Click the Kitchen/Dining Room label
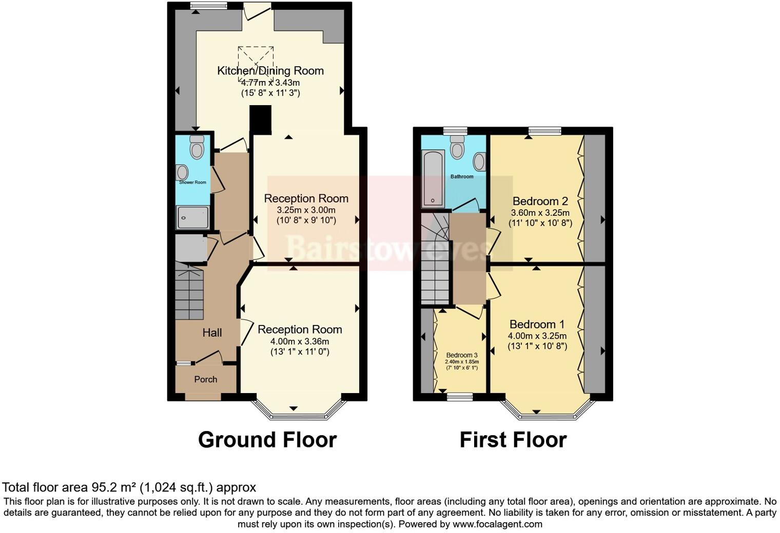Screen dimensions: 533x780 coord(270,71)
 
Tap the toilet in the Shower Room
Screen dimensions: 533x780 coord(197,147)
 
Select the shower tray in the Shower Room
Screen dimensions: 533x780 coord(193,217)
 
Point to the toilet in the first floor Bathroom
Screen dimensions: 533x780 coord(457,147)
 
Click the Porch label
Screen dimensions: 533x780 coord(205,379)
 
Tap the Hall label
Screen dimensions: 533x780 coord(212,333)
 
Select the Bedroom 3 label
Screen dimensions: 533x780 coord(462,355)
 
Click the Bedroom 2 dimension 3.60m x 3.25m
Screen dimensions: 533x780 coord(540,213)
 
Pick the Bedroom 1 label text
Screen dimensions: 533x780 coord(537,324)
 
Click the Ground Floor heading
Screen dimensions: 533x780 coord(267,440)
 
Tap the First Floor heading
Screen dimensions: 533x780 coord(513,440)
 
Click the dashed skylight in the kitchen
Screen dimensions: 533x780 coord(256,63)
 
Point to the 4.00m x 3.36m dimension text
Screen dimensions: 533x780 coord(300,341)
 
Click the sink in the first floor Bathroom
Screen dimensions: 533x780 coord(479,161)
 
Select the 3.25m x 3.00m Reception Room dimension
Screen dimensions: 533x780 coord(306,210)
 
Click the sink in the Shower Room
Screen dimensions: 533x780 coord(182,172)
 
